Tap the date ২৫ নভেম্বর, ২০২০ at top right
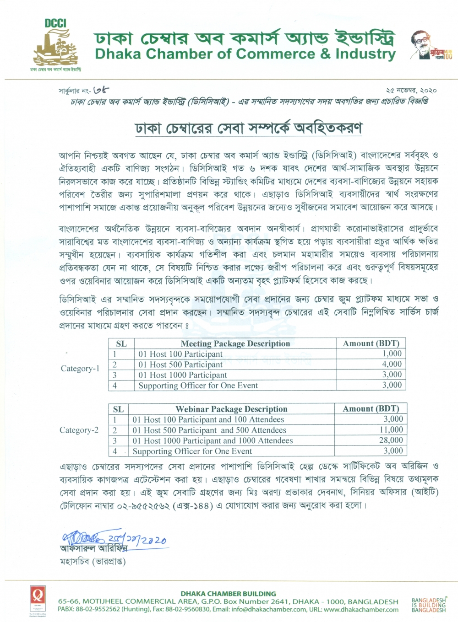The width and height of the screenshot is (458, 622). click(x=411, y=91)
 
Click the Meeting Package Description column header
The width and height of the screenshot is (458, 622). click(x=235, y=343)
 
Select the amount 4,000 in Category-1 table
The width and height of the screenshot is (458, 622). click(x=392, y=364)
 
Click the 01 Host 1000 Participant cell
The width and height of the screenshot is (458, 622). click(x=182, y=375)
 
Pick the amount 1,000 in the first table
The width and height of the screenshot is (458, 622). click(x=392, y=354)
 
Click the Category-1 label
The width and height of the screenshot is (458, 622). click(x=80, y=369)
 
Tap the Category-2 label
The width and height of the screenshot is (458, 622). click(x=79, y=430)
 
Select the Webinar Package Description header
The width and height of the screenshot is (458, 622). click(x=231, y=409)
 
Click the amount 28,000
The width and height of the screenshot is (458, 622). click(x=391, y=440)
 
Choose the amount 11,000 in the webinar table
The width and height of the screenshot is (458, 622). click(x=391, y=429)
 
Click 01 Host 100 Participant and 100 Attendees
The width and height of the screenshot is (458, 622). click(x=208, y=419)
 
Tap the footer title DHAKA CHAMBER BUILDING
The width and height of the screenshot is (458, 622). click(x=228, y=593)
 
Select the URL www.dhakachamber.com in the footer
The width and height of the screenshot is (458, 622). click(x=361, y=609)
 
